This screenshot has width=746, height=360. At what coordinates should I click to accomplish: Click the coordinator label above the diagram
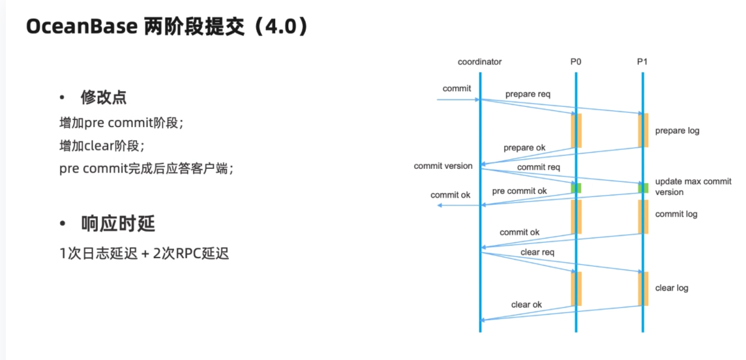coord(479,62)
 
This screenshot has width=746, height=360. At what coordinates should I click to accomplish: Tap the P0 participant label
coord(576,62)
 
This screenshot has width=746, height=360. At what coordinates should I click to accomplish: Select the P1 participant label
coord(642,62)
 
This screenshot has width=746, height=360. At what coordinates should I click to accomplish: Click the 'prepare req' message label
coord(528,94)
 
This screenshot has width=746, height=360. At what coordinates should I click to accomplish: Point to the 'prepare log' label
coord(678,130)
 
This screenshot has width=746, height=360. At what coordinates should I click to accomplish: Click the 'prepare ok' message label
coord(524,147)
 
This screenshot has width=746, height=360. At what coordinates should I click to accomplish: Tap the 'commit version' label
coord(443,166)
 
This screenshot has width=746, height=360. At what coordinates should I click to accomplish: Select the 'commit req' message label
coord(539,167)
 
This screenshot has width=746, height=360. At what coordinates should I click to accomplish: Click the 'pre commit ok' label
coord(520,190)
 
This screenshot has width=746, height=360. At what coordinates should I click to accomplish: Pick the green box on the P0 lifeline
coord(576,188)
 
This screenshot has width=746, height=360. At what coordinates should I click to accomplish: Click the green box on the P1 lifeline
coord(643,188)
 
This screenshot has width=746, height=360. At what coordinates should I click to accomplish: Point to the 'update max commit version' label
coord(693,187)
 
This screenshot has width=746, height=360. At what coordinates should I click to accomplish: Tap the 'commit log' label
coord(676,214)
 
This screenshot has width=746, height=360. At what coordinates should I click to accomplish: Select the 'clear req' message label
coord(537,252)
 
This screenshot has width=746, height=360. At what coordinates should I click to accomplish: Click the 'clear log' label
coord(672,288)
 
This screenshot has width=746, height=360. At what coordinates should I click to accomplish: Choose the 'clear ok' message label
coord(526,305)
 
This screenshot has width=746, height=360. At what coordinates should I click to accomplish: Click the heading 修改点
coord(103,97)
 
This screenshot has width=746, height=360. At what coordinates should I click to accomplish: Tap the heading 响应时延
coord(118,224)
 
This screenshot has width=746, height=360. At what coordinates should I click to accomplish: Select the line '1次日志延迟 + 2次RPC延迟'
coord(144,254)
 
